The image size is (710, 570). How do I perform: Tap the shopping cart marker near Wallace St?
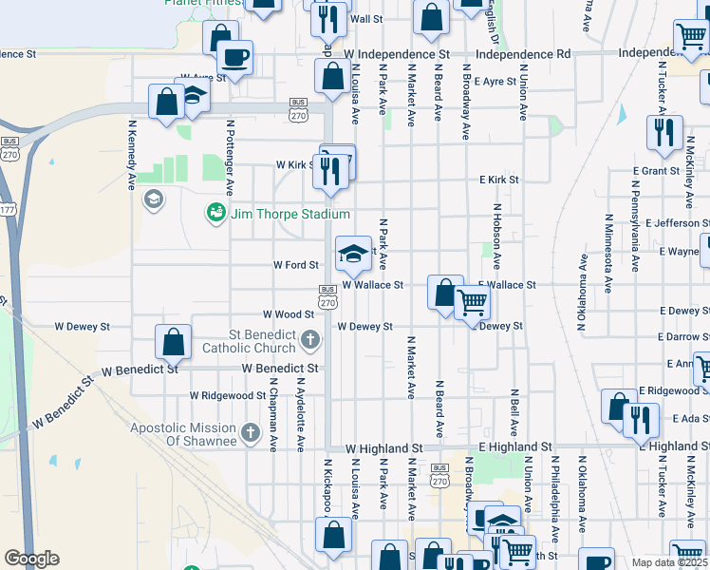tap(472, 304)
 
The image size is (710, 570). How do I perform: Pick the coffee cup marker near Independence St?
tap(234, 56)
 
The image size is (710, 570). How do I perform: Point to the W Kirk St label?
tap(296, 164)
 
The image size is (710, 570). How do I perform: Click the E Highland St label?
tap(515, 446)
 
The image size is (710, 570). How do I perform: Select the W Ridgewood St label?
tap(228, 395)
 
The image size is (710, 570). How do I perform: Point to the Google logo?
tap(31, 559)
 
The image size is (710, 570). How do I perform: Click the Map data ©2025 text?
tap(670, 562)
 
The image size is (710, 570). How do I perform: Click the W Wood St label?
tap(289, 314)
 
